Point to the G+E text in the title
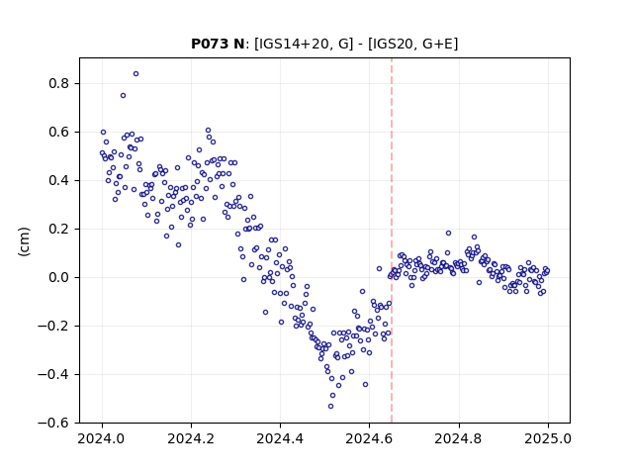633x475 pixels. tap(438, 44)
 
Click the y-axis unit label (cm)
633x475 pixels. tap(24, 241)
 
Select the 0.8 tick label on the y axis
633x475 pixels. tap(59, 83)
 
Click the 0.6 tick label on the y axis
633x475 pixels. tap(59, 132)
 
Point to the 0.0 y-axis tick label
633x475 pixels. tap(59, 277)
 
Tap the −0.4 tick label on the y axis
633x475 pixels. tap(54, 374)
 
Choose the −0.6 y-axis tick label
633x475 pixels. tap(54, 423)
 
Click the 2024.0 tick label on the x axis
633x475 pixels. tap(102, 438)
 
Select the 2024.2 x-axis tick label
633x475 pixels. tap(191, 438)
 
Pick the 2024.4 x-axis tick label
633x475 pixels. tap(280, 438)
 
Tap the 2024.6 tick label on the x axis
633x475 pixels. tap(369, 438)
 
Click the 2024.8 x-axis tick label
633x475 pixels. tap(458, 438)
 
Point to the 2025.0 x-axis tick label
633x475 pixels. tap(548, 438)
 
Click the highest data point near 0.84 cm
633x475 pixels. tap(136, 73)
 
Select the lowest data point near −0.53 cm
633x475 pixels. tap(330, 406)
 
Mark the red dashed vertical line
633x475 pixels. tap(392, 240)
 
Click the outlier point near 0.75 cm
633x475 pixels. tap(123, 95)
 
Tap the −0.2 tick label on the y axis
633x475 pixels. tap(54, 326)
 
